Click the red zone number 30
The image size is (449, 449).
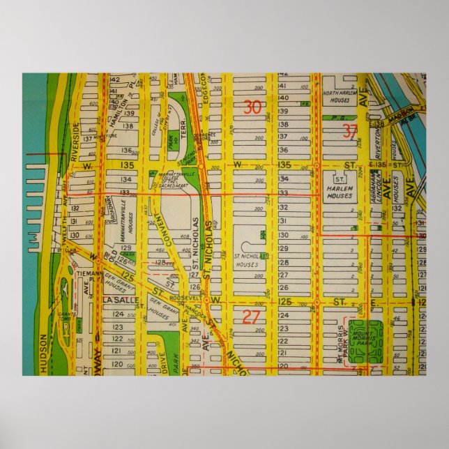coord(252,107)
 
